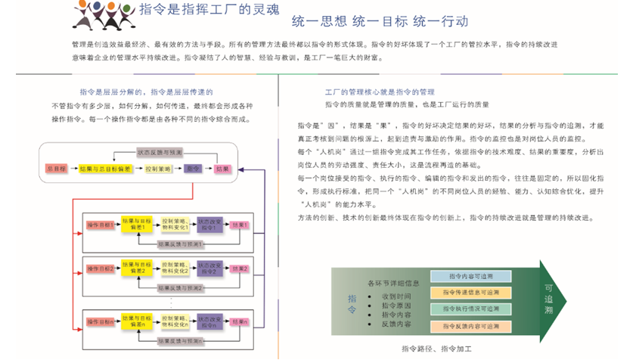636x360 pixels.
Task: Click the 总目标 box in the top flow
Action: pos(57,169)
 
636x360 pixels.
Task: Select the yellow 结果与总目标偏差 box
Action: pos(106,169)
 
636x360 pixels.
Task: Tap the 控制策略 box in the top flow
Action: pos(159,169)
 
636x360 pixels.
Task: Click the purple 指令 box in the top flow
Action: pos(193,169)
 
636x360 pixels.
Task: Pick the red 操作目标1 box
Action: pos(101,225)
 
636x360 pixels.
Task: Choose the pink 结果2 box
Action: pos(240,268)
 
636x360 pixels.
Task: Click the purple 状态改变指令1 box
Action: pos(209,225)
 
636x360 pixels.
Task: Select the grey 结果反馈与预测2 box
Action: pos(179,287)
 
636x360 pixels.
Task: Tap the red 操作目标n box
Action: pos(101,321)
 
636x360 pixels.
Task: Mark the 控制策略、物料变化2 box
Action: pos(172,268)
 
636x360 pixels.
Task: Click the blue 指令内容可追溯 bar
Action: pos(470,276)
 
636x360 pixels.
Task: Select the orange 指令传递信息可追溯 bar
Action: pos(470,293)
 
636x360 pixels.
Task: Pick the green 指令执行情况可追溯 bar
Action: pos(470,309)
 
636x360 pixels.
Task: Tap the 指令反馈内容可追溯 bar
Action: pos(470,326)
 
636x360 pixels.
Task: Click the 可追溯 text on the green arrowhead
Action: pos(549,300)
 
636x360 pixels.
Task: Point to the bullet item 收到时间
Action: pos(396,296)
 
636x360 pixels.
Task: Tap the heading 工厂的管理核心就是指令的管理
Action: pos(380,91)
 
